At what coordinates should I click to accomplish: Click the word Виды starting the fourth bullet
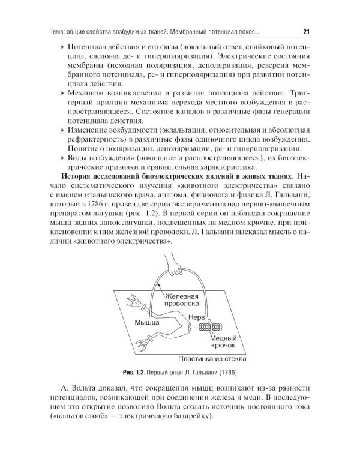point(77,158)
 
